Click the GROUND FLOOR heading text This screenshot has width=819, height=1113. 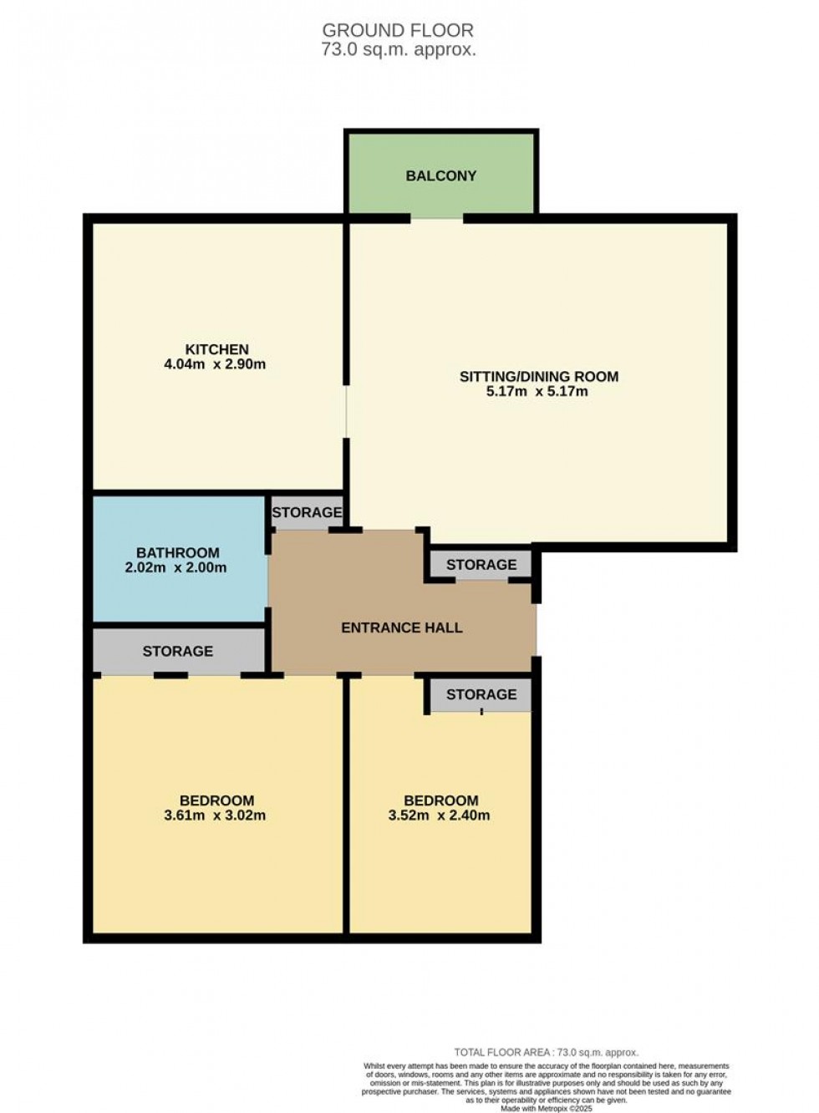click(x=398, y=30)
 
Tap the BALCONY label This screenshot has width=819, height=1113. click(x=441, y=175)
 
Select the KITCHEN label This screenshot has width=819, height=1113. click(x=216, y=349)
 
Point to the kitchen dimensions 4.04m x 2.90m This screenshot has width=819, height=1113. click(x=215, y=364)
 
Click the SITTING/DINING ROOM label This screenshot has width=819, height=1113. click(x=539, y=377)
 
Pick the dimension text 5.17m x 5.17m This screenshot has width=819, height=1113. click(x=537, y=391)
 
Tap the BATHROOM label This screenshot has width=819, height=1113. click(x=178, y=552)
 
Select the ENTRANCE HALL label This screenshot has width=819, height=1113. click(x=401, y=628)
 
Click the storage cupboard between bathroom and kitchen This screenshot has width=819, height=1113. click(x=307, y=512)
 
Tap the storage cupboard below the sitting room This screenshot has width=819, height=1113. click(x=481, y=565)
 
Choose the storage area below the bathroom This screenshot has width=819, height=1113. click(x=178, y=651)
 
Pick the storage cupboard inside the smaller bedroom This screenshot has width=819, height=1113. click(x=481, y=694)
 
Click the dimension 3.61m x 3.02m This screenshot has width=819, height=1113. click(x=215, y=816)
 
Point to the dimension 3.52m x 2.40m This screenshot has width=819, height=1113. click(x=439, y=816)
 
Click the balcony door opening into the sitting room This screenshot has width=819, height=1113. click(x=437, y=219)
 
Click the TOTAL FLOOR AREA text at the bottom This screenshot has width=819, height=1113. click(x=546, y=1053)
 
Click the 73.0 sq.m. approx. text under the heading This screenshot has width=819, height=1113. click(x=399, y=49)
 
